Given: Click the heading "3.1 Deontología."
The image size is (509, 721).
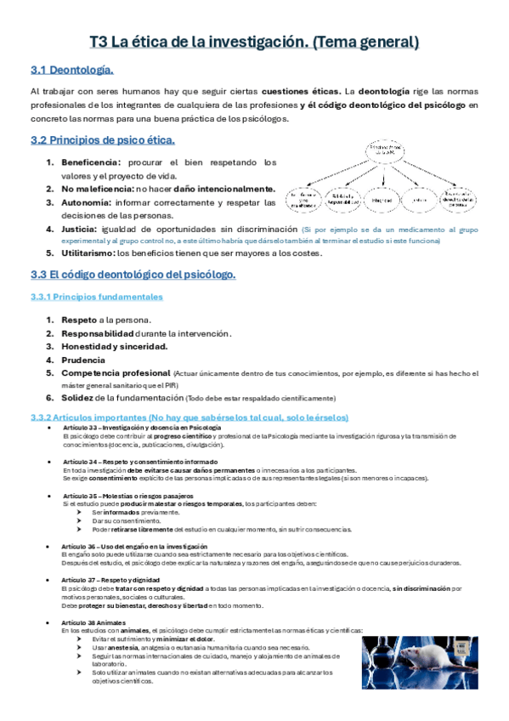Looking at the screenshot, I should tap(71, 69).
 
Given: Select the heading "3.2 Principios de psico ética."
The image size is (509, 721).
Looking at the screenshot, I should tap(102, 139).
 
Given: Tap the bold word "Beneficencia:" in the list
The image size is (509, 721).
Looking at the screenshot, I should tap(92, 162).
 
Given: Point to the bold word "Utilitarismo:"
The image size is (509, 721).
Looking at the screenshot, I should tap(88, 253).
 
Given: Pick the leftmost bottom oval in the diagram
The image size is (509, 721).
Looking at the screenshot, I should tap(304, 200).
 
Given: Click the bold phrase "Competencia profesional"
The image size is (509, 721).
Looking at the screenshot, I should tap(116, 373).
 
